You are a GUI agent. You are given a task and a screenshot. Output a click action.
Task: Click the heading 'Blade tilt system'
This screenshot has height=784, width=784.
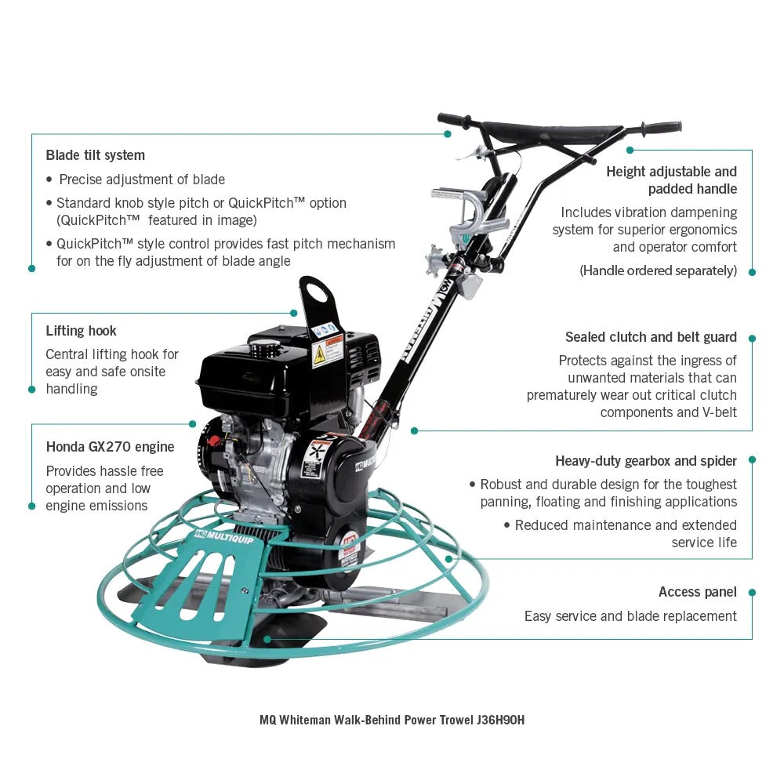(x=95, y=155)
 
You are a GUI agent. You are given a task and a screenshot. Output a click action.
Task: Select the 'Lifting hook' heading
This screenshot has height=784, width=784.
(x=81, y=331)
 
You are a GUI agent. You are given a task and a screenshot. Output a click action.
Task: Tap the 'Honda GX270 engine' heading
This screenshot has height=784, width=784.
(x=110, y=447)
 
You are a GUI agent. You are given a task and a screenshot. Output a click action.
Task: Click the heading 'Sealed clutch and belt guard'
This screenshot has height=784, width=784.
(x=651, y=337)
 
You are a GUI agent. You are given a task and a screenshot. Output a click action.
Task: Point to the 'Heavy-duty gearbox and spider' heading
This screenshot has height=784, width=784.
(x=646, y=461)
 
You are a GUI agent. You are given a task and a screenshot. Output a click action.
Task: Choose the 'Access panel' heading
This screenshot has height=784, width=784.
(x=697, y=592)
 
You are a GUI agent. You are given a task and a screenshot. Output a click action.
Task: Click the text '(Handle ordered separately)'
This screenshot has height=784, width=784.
(x=658, y=270)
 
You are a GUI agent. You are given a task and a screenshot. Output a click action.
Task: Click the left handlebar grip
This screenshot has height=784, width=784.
(x=454, y=120)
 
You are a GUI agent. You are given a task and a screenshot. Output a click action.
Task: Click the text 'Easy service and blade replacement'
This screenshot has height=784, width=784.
(x=630, y=616)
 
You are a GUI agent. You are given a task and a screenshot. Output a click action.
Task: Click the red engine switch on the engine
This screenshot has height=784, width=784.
(x=214, y=441)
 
